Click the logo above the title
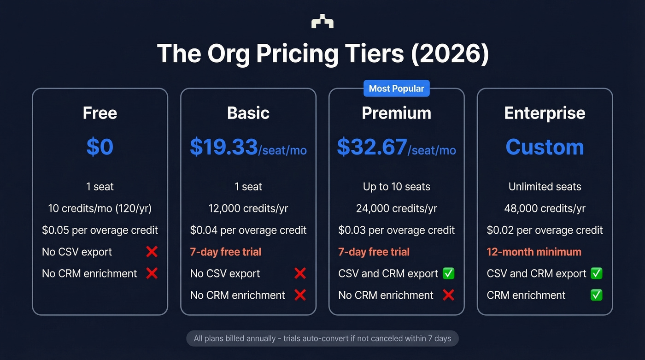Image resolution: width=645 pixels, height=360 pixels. click(x=322, y=21)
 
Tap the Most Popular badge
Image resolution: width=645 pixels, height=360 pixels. click(x=396, y=89)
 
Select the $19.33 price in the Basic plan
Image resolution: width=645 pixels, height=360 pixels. click(x=224, y=147)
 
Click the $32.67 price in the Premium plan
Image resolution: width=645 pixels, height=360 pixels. click(x=372, y=147)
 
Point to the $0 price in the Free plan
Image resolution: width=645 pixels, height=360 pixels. click(x=100, y=147)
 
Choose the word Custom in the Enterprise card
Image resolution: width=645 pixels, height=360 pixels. click(x=545, y=147)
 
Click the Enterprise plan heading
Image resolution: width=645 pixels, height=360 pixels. click(x=545, y=113)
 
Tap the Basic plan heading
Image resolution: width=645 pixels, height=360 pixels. click(x=248, y=113)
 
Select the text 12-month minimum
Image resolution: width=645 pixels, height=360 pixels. click(x=534, y=252)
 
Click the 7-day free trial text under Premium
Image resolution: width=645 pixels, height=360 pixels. click(x=374, y=252)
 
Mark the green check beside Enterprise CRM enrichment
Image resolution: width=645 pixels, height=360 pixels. click(x=596, y=295)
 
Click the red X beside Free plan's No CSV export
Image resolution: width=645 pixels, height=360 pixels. click(x=152, y=252)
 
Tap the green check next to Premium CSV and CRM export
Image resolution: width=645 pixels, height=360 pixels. click(x=448, y=273)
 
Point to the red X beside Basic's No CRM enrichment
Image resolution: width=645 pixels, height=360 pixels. click(x=300, y=295)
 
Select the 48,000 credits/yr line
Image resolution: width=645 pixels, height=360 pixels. click(x=545, y=208)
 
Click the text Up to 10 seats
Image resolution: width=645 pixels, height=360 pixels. click(x=396, y=187)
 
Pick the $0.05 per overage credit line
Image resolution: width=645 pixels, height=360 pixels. click(x=100, y=230)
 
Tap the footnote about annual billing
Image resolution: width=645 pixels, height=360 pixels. click(x=322, y=339)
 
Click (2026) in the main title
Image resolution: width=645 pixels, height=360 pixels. click(x=449, y=54)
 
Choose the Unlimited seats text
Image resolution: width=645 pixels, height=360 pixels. click(x=545, y=187)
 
